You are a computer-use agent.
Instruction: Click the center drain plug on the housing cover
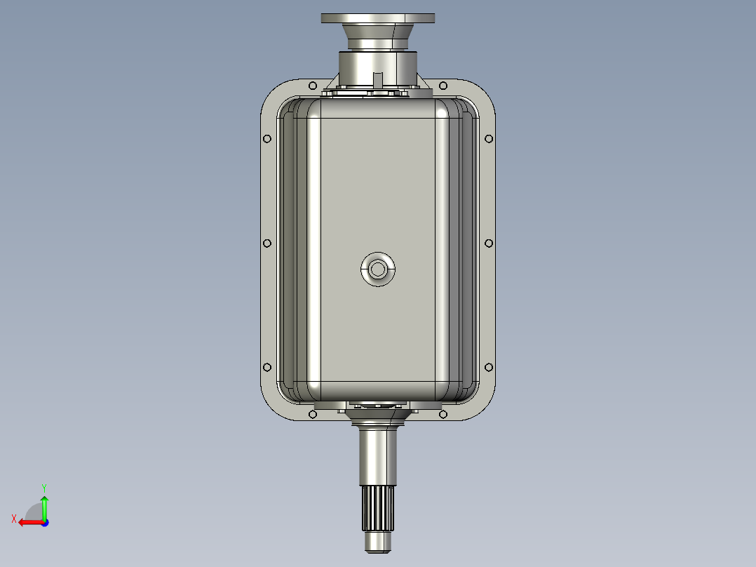pyautogui.click(x=378, y=269)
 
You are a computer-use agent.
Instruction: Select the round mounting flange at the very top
pyautogui.click(x=378, y=18)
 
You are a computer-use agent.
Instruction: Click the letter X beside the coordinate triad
pyautogui.click(x=14, y=519)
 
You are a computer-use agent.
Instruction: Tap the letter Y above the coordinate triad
pyautogui.click(x=44, y=487)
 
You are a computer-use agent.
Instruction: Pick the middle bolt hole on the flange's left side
pyautogui.click(x=266, y=244)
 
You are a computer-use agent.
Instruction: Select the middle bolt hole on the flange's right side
pyautogui.click(x=490, y=244)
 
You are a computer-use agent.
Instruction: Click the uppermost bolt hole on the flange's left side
pyautogui.click(x=266, y=139)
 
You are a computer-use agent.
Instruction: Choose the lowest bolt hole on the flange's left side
pyautogui.click(x=266, y=367)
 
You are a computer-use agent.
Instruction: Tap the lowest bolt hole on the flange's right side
pyautogui.click(x=490, y=367)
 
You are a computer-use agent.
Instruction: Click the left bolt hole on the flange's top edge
pyautogui.click(x=312, y=86)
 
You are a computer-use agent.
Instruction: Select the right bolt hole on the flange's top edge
pyautogui.click(x=443, y=86)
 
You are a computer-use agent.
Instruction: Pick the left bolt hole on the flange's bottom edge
pyautogui.click(x=312, y=415)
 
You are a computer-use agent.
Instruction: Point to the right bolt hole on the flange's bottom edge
pyautogui.click(x=443, y=415)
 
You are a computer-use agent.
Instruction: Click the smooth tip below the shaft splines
pyautogui.click(x=379, y=542)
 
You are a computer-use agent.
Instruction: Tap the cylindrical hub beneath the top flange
pyautogui.click(x=379, y=69)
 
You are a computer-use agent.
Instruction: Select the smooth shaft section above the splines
pyautogui.click(x=379, y=456)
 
